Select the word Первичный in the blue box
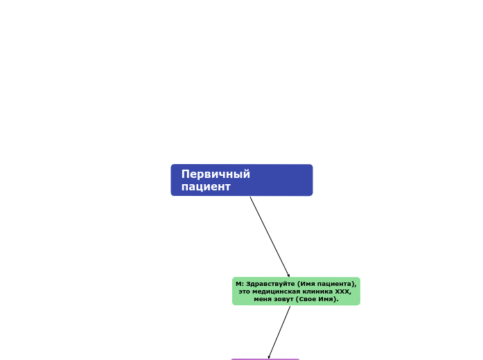[216, 174]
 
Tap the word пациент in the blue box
[206, 187]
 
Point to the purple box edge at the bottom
[265, 359]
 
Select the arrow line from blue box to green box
[270, 236]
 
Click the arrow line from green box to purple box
[280, 331]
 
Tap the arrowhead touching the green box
[288, 275]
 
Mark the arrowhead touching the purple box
[270, 357]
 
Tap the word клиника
[318, 291]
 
